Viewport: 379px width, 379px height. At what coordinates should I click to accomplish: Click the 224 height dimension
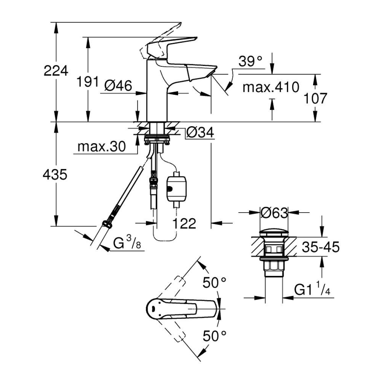56,71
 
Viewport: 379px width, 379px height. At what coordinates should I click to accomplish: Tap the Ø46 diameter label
118,86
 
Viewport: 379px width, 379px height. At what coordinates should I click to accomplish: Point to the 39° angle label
251,62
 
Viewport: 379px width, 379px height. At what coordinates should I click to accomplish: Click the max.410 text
271,87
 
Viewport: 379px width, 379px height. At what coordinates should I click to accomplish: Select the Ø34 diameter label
200,132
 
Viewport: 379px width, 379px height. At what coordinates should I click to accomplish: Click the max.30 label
101,147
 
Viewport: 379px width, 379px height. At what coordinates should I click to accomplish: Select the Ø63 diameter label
274,214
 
